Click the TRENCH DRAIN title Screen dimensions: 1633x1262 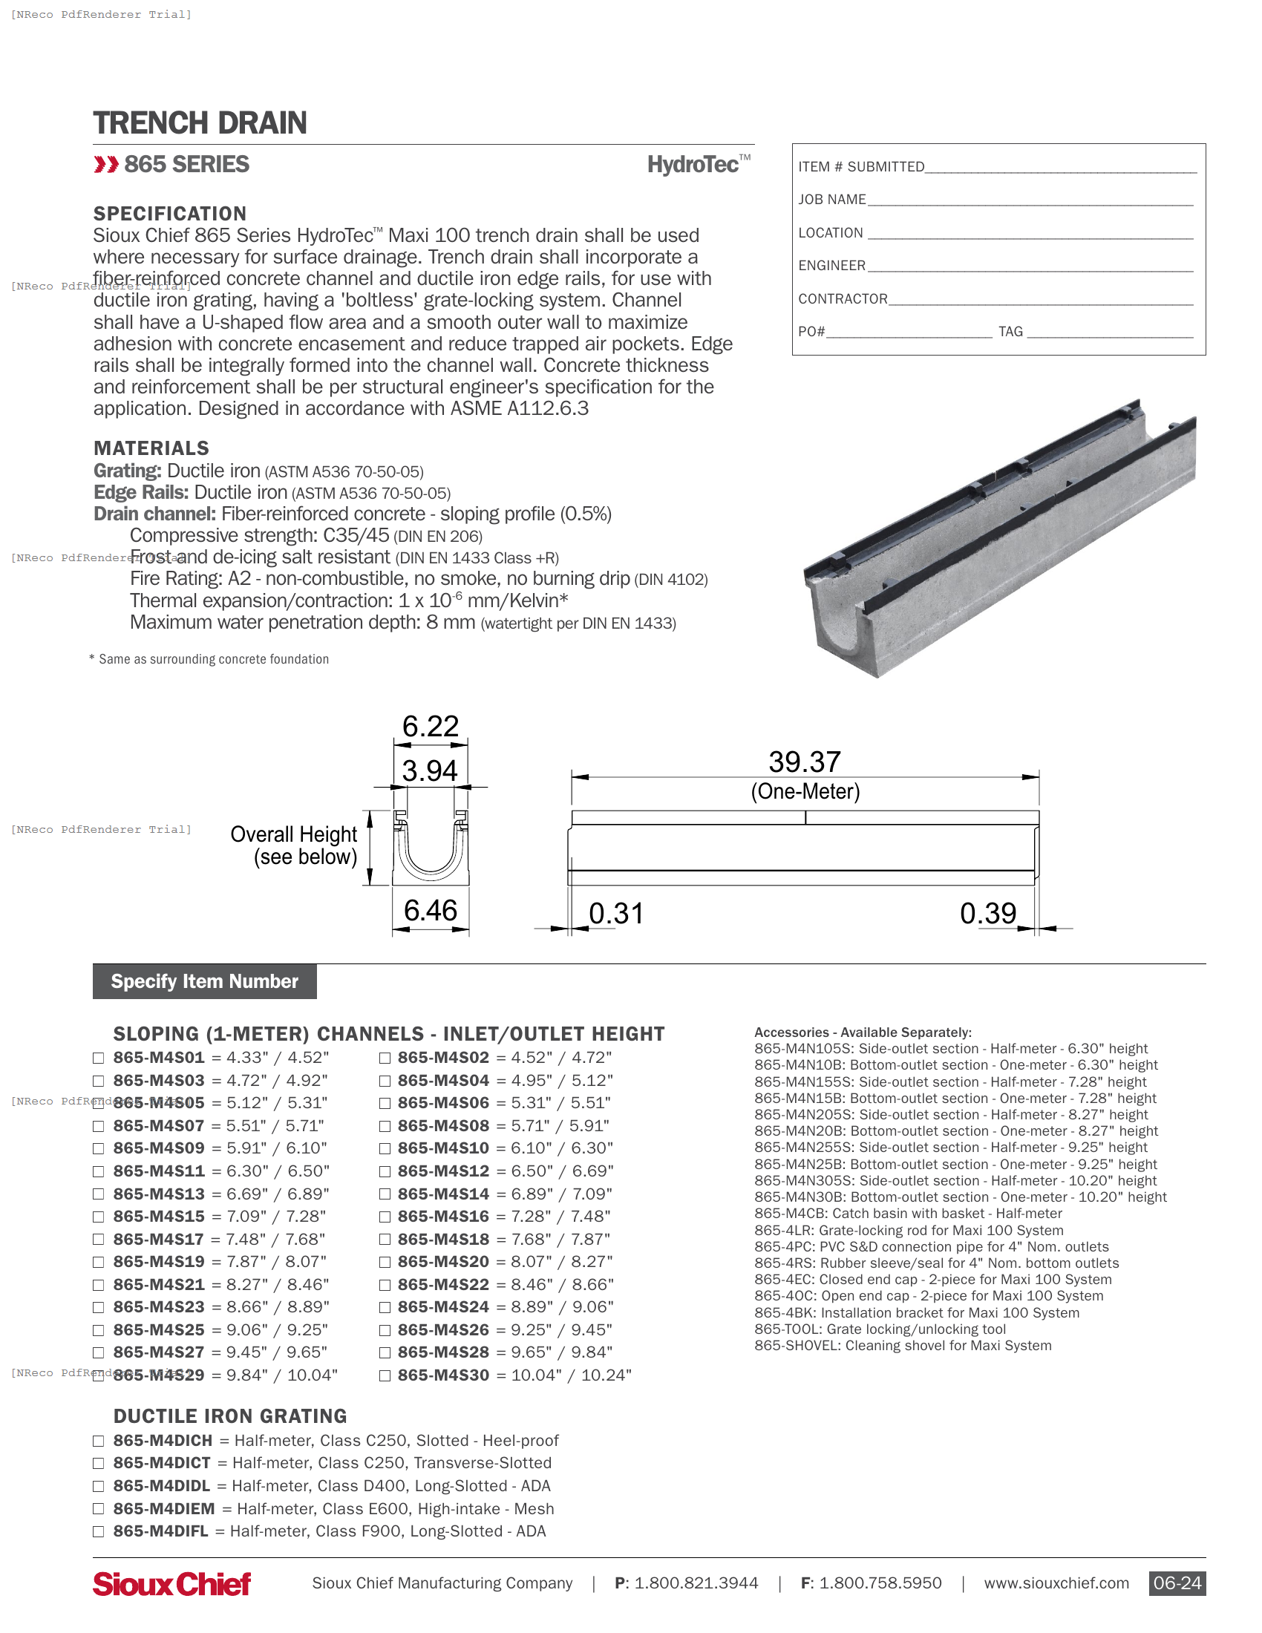(200, 122)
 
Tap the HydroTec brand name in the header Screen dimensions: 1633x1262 (693, 165)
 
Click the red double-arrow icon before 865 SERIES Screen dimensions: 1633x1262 (106, 165)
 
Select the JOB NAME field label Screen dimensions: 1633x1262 (831, 200)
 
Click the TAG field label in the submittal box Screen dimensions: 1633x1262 (1010, 331)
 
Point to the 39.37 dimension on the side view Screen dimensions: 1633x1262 (805, 762)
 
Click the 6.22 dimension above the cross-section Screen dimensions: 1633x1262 (430, 726)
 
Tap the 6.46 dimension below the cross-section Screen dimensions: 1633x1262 (430, 910)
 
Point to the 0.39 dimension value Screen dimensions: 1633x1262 (987, 913)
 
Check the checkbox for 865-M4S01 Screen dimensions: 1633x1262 (98, 1058)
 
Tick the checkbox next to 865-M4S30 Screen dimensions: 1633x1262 (385, 1375)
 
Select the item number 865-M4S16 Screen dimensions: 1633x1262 (443, 1217)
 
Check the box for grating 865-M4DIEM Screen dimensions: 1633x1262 (98, 1509)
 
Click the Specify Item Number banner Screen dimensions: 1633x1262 (204, 981)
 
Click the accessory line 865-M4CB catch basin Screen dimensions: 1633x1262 (908, 1214)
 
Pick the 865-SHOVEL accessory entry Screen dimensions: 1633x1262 (903, 1345)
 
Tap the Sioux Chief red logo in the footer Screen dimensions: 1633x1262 (171, 1584)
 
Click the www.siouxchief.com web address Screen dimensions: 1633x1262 (1056, 1583)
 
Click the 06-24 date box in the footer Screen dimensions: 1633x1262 (1176, 1583)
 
